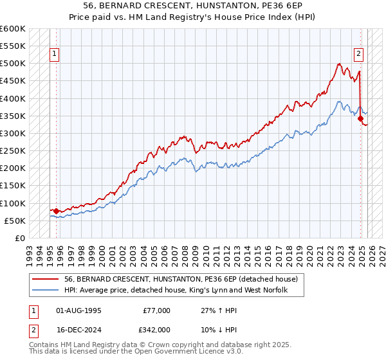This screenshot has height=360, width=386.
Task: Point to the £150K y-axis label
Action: tap(13, 186)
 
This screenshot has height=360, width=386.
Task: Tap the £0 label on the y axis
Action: tap(19, 238)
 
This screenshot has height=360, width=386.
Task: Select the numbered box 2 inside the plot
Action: tap(358, 55)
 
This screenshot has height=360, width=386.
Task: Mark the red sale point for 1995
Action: tap(56, 211)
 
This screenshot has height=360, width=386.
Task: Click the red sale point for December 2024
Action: tap(360, 119)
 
